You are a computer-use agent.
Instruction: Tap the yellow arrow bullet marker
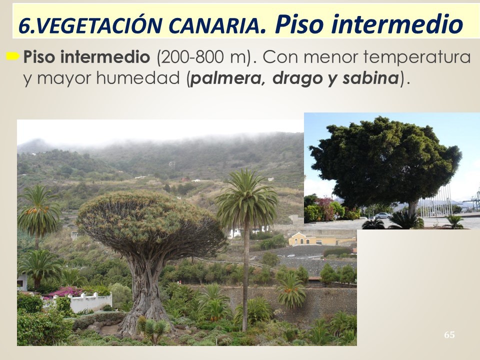coord(13,56)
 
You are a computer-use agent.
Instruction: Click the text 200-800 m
coord(204,57)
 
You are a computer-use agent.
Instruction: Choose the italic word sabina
coord(370,78)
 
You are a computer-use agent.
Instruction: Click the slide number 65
coord(449,335)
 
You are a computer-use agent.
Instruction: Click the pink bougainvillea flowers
coord(65,291)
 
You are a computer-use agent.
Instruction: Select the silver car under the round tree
coord(382,215)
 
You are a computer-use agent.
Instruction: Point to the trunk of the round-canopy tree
coord(412,209)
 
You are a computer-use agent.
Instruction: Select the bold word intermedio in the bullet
coord(104,57)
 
